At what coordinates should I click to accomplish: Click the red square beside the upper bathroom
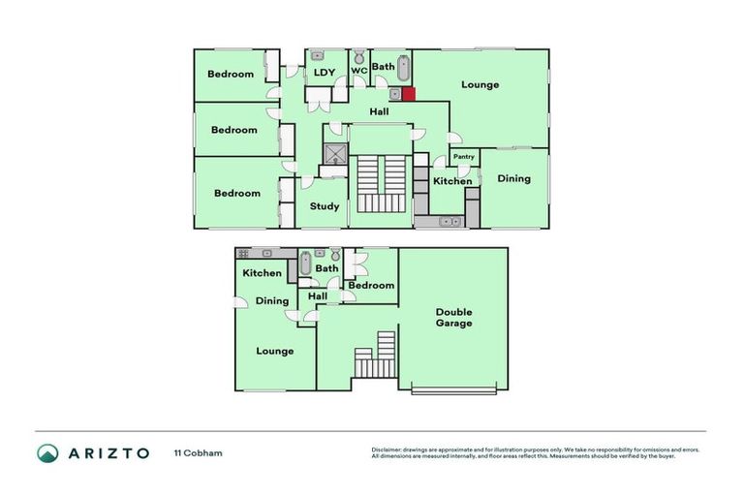click(408, 94)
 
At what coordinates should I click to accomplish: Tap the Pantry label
click(464, 156)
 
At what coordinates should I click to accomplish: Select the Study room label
click(325, 206)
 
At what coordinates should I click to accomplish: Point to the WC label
click(358, 71)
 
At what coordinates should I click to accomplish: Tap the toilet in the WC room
click(358, 56)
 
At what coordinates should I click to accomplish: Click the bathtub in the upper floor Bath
click(403, 67)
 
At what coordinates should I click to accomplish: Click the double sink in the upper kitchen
click(447, 222)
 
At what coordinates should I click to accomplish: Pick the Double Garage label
click(453, 317)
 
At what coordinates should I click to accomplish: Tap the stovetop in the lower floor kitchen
click(243, 253)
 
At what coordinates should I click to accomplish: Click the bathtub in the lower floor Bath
click(305, 263)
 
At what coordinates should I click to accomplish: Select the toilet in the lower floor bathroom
click(335, 255)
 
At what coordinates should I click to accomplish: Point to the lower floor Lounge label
click(275, 351)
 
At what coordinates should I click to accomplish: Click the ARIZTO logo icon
click(47, 453)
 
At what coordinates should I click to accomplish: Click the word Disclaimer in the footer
click(388, 449)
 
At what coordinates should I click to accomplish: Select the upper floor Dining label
click(513, 178)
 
